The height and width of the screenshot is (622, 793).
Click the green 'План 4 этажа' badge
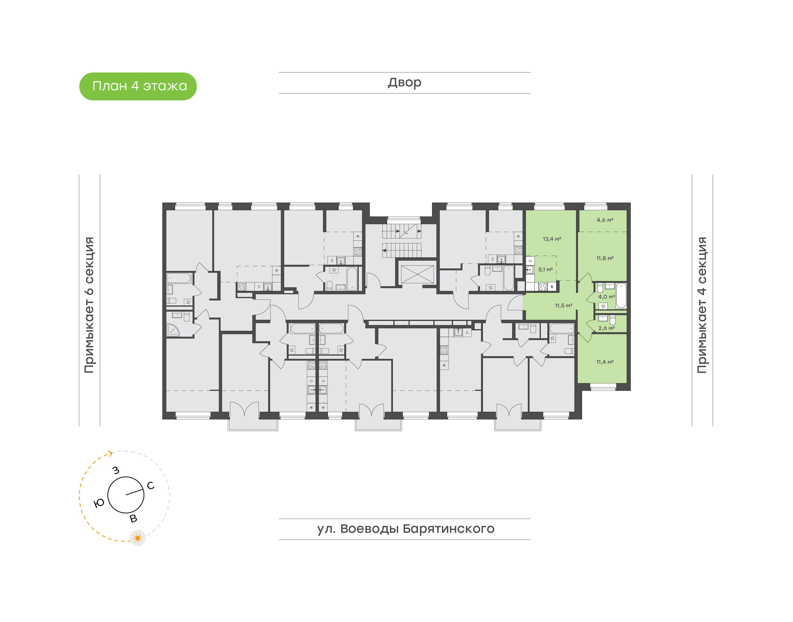138,86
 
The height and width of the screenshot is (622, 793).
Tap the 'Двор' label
404,83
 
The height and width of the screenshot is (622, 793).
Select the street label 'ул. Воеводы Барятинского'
405,528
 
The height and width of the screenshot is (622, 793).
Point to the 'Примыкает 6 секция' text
89,305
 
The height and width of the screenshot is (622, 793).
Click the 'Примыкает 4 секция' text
702,305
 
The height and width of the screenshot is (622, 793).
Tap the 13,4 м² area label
552,239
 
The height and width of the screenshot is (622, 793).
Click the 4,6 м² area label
605,220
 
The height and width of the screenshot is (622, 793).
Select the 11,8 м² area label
605,258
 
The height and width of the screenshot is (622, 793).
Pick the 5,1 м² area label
545,269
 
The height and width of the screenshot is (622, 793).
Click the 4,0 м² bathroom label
606,297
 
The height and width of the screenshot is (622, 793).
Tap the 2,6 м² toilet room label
606,328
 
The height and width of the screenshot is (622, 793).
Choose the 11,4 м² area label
605,362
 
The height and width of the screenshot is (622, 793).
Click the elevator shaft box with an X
417,274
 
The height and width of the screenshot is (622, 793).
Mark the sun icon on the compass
138,538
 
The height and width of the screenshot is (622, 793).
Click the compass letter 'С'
150,485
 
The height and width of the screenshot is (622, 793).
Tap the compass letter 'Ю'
99,503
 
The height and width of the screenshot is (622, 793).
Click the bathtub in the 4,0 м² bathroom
621,295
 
